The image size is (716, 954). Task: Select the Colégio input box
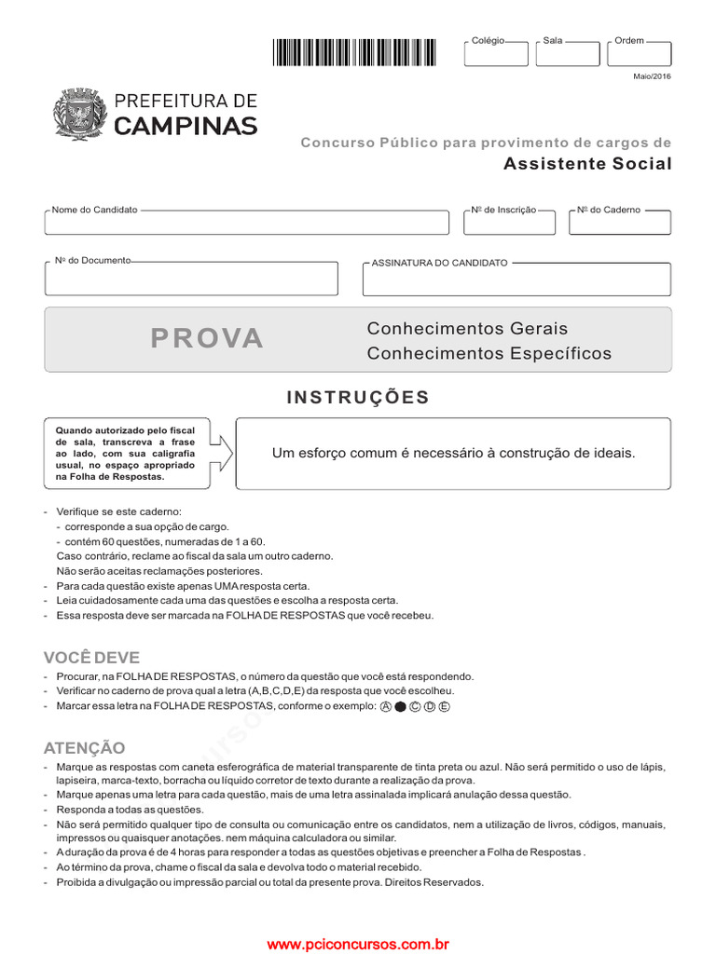point(495,54)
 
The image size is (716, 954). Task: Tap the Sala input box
point(567,54)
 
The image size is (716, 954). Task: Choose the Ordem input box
point(639,54)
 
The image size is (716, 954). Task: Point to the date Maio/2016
point(652,76)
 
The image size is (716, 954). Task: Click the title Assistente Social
point(587,164)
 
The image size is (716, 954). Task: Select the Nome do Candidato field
point(246,223)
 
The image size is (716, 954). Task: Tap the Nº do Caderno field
point(620,223)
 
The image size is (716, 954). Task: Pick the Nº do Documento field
point(191,278)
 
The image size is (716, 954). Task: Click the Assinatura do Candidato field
point(516,279)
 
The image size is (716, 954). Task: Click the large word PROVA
point(207,339)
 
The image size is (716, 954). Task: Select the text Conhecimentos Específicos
point(489,354)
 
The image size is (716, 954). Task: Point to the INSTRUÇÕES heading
point(358,398)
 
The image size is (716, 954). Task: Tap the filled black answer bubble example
point(400,707)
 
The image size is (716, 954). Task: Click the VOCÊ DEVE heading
point(90,657)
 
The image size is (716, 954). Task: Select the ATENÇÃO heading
point(84,748)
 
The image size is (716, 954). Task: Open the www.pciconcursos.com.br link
point(358,945)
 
